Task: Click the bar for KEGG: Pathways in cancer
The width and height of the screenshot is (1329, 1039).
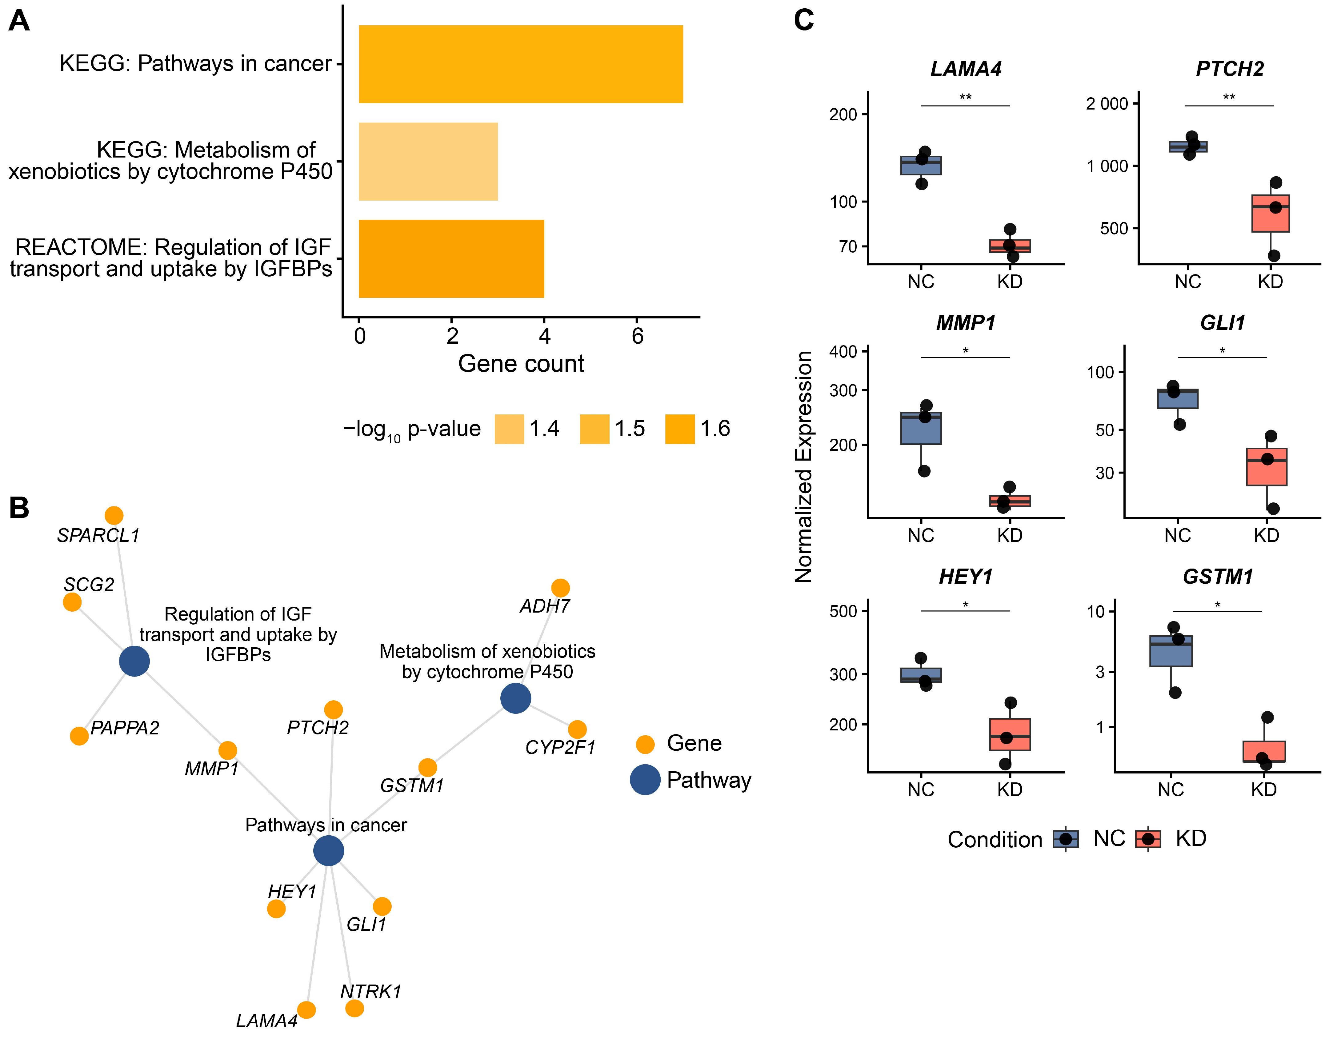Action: [521, 64]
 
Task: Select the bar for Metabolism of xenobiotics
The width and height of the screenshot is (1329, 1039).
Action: [428, 161]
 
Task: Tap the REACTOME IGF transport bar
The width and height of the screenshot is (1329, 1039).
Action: [451, 258]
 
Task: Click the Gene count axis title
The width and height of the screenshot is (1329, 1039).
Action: [521, 364]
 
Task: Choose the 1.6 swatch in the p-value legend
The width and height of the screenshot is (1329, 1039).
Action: [680, 429]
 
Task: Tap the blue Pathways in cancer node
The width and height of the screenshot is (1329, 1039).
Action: [329, 850]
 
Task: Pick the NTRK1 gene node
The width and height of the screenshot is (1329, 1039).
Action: [354, 1008]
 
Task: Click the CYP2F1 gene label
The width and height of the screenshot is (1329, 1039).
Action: [560, 747]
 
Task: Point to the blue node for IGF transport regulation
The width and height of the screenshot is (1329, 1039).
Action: [134, 661]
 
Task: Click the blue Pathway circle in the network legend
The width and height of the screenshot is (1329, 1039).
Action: [645, 780]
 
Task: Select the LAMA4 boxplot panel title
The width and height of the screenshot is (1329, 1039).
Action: [966, 69]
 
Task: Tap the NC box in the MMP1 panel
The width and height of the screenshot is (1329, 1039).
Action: [921, 428]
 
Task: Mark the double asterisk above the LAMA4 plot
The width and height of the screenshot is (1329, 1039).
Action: [966, 97]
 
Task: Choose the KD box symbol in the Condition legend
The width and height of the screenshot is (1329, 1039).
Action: [1148, 839]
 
